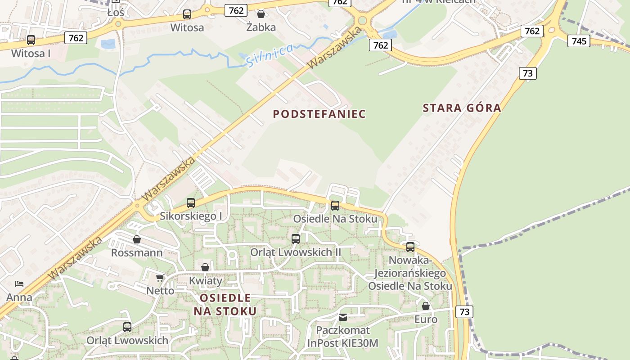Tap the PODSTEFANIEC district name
(319, 114)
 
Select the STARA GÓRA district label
(462, 108)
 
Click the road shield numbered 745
(579, 41)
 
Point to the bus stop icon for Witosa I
(31, 40)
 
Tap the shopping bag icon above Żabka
(261, 14)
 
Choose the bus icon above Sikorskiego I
(191, 203)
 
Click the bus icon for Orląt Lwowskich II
(296, 239)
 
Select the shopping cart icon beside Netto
(160, 278)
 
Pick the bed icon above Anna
(19, 284)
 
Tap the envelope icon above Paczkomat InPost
(343, 317)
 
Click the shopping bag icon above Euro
(426, 306)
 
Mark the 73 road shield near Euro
(464, 311)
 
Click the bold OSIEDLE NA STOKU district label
(225, 304)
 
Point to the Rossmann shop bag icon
(137, 239)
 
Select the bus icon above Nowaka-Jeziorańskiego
(410, 247)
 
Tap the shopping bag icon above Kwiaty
(205, 268)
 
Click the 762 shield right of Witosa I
(76, 38)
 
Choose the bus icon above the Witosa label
(187, 14)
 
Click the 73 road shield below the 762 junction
(528, 73)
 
